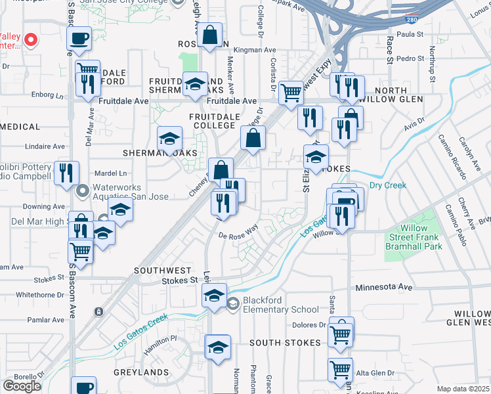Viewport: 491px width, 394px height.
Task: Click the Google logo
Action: [22, 386]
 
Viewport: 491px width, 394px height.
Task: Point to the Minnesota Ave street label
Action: [384, 288]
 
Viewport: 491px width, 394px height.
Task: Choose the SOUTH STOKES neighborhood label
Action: [285, 343]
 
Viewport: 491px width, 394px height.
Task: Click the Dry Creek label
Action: [387, 185]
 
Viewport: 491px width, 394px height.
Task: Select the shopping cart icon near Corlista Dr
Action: [291, 92]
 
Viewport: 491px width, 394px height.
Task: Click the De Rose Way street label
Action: [238, 231]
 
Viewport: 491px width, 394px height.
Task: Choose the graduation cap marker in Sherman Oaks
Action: [169, 139]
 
